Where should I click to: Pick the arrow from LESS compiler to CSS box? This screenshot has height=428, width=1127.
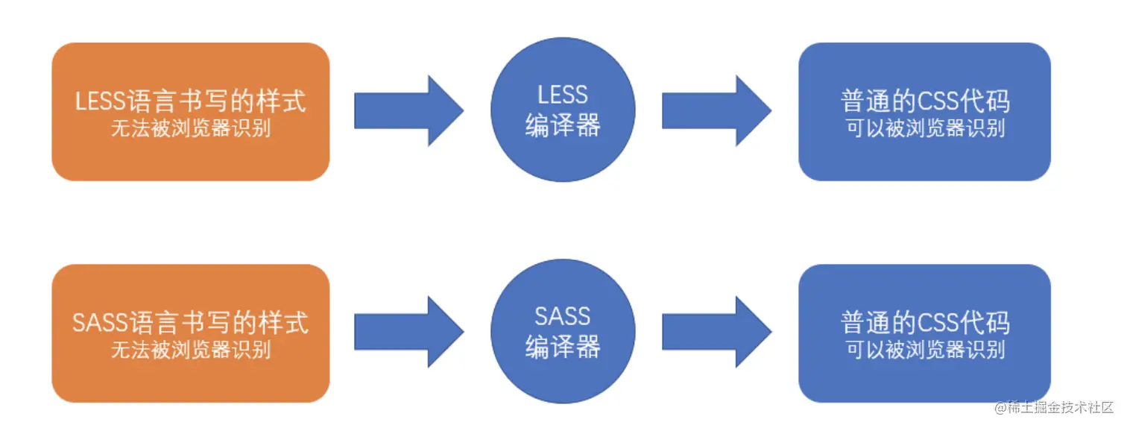pos(716,110)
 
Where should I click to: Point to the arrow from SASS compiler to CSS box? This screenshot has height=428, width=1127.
pos(716,332)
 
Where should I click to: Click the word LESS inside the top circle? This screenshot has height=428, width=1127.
pos(563,95)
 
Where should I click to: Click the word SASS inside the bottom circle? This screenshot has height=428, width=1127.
pos(563,316)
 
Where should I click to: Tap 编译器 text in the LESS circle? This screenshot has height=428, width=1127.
pos(563,126)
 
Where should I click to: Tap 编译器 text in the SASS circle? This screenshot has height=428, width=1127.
pos(563,347)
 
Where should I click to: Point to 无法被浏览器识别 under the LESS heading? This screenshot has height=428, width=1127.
pos(191,128)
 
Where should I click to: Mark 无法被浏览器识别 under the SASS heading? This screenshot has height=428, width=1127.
pos(191,350)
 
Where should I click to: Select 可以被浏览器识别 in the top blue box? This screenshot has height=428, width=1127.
pos(925,128)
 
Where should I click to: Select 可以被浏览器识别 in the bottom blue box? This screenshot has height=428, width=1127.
pos(925,350)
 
